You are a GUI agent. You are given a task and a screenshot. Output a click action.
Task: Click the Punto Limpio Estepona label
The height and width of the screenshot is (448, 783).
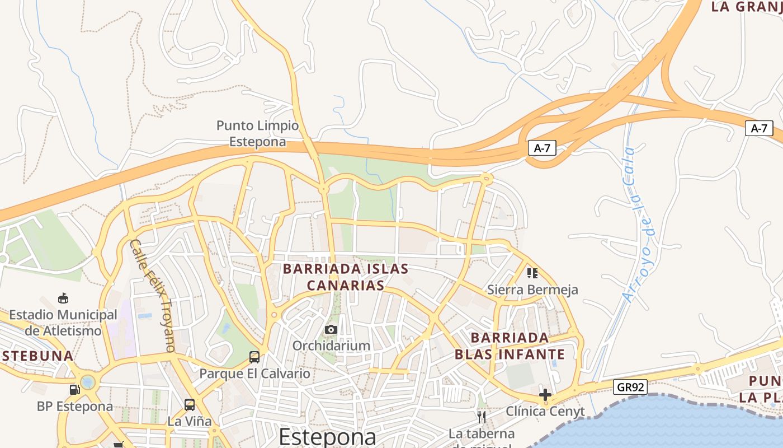pyautogui.click(x=257, y=133)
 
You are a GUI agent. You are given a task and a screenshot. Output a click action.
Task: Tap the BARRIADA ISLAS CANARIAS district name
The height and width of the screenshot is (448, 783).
pyautogui.click(x=346, y=277)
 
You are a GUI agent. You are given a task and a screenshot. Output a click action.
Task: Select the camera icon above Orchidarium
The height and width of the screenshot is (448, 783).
pyautogui.click(x=331, y=330)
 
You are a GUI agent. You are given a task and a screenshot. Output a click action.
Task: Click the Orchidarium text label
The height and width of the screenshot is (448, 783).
pyautogui.click(x=331, y=346)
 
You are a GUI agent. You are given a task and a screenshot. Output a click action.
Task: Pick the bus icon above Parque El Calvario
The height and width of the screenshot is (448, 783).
pyautogui.click(x=254, y=357)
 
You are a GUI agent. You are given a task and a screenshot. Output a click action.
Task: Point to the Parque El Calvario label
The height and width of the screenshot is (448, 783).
pyautogui.click(x=254, y=374)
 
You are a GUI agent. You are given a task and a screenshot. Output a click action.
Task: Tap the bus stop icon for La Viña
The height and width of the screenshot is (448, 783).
pyautogui.click(x=190, y=404)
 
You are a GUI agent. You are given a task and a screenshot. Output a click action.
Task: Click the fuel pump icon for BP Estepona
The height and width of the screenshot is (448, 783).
pyautogui.click(x=74, y=389)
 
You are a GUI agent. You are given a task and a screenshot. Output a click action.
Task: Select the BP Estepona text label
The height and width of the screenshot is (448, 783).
pyautogui.click(x=75, y=407)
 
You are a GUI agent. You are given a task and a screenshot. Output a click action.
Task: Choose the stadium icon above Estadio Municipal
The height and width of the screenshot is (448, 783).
pyautogui.click(x=63, y=298)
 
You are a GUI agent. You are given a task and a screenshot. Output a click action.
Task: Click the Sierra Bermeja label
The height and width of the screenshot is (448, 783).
pyautogui.click(x=532, y=290)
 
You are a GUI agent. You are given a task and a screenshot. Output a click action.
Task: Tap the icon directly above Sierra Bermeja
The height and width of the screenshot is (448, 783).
pyautogui.click(x=532, y=273)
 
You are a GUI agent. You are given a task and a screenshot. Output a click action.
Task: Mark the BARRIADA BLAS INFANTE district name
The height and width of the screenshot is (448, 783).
pyautogui.click(x=510, y=346)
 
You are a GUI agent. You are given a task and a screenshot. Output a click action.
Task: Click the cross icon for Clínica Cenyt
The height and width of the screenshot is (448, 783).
pyautogui.click(x=545, y=395)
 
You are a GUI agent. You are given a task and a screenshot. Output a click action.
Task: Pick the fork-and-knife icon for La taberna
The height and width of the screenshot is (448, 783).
pyautogui.click(x=481, y=417)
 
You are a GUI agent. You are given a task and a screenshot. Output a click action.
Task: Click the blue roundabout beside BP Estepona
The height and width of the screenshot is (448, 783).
pyautogui.click(x=88, y=382)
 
